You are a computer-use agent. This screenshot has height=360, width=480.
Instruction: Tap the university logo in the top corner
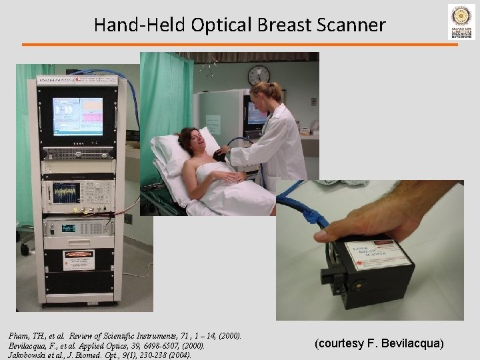click(x=461, y=22)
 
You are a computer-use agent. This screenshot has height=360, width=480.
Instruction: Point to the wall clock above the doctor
click(x=258, y=75)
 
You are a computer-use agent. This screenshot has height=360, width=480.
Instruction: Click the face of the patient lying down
click(x=189, y=141)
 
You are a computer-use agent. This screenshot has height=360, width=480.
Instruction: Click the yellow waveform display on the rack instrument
click(x=67, y=193)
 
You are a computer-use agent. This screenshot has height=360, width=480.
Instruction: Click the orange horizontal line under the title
click(x=240, y=44)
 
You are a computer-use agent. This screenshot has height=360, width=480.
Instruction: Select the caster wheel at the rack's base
click(x=25, y=249)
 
